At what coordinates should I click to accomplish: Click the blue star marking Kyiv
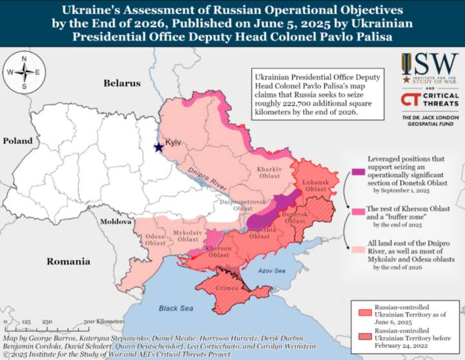click(158, 147)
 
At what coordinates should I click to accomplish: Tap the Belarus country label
click(121, 83)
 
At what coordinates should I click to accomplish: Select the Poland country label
click(20, 141)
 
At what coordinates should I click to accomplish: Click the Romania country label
click(68, 261)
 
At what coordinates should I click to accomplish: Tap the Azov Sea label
click(271, 271)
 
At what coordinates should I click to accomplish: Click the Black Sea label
click(176, 308)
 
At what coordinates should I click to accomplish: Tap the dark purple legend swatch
click(357, 171)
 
